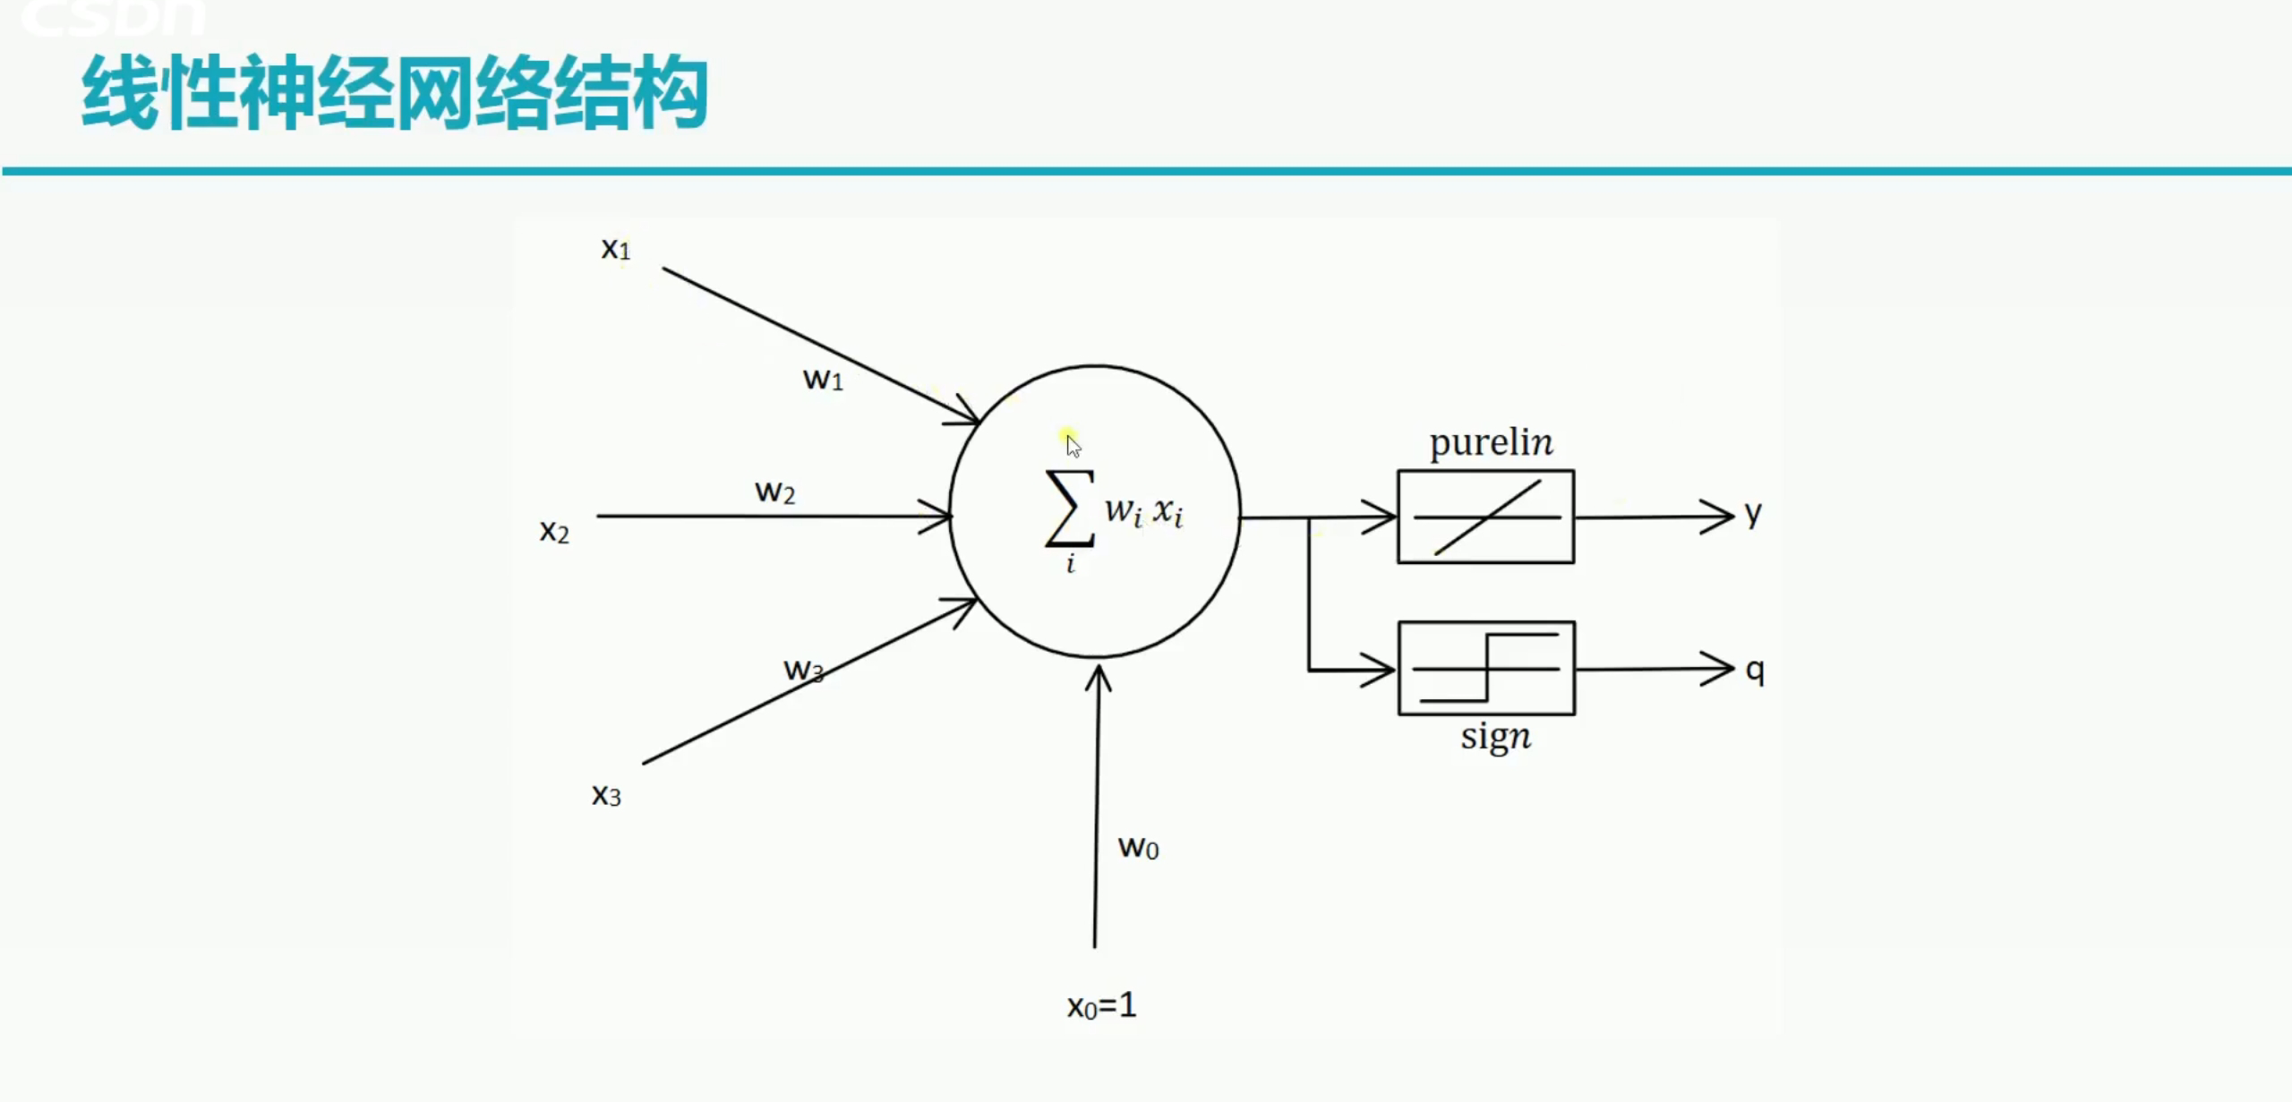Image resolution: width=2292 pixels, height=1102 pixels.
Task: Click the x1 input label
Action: pyautogui.click(x=615, y=249)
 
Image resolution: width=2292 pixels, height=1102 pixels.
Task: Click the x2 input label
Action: pyautogui.click(x=554, y=532)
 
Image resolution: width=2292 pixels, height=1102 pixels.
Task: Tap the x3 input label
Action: pyautogui.click(x=606, y=795)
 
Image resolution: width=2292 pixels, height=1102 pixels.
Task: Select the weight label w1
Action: pyautogui.click(x=823, y=380)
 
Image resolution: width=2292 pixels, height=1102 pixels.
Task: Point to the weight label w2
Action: pyautogui.click(x=774, y=492)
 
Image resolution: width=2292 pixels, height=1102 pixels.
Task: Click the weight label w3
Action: pyautogui.click(x=803, y=670)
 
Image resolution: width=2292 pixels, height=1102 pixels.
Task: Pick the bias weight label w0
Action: pyautogui.click(x=1138, y=847)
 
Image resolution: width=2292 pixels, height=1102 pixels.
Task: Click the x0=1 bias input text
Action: pyautogui.click(x=1101, y=1005)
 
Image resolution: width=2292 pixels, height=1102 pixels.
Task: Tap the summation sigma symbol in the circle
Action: pyautogui.click(x=1069, y=508)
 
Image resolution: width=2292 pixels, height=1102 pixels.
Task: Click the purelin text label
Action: pyautogui.click(x=1491, y=443)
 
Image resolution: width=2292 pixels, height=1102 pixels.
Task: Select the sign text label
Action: pyautogui.click(x=1495, y=737)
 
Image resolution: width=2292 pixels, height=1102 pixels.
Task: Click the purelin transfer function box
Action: pyautogui.click(x=1485, y=517)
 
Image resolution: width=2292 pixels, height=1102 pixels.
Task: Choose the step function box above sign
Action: pyautogui.click(x=1486, y=668)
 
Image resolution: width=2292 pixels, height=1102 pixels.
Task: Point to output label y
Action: pyautogui.click(x=1753, y=513)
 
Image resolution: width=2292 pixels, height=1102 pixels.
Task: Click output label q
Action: pyautogui.click(x=1755, y=670)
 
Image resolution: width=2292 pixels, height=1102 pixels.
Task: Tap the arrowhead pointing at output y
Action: pyautogui.click(x=1722, y=517)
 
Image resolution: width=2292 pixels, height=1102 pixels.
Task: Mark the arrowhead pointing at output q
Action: pyautogui.click(x=1722, y=669)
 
